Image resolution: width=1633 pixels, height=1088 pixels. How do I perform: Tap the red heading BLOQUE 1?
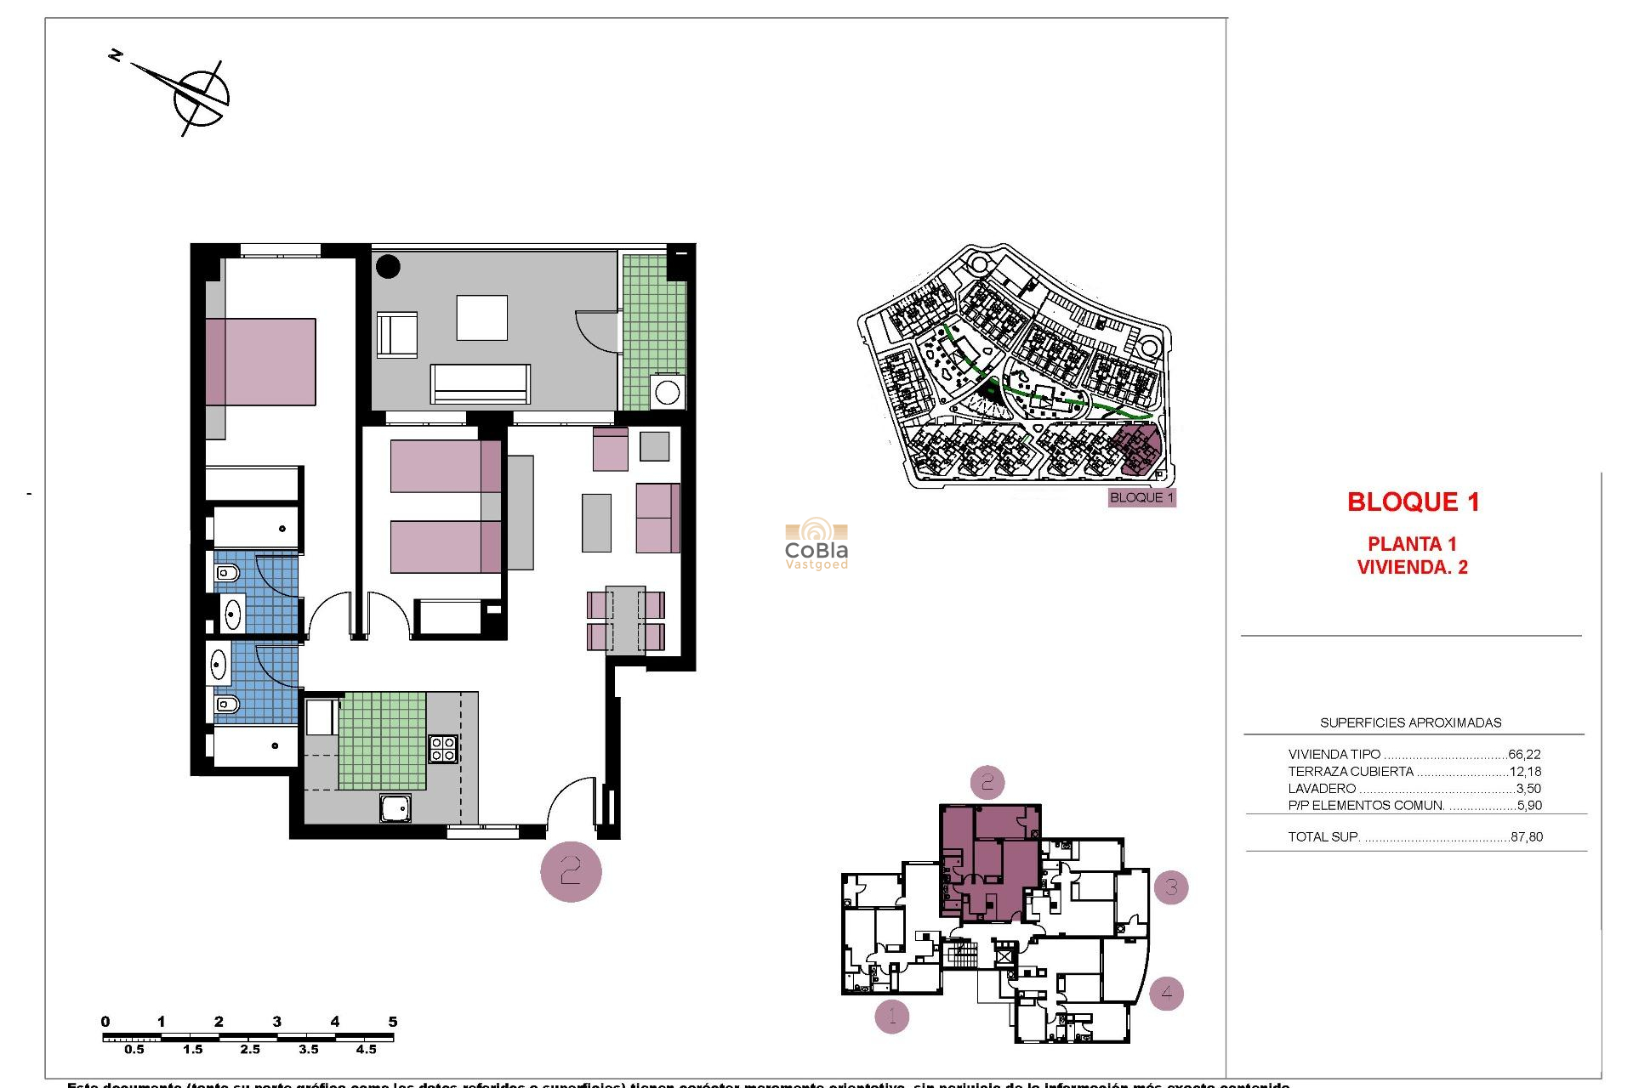[1413, 502]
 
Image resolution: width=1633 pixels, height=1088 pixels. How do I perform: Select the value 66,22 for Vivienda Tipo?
[1524, 754]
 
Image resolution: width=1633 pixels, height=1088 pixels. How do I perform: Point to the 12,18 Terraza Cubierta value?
[1525, 772]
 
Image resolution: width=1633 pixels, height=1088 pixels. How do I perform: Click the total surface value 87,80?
[1527, 836]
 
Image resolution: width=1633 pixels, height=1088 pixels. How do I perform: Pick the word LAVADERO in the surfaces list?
[1322, 789]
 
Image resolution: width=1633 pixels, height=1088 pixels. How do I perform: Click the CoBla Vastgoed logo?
[816, 544]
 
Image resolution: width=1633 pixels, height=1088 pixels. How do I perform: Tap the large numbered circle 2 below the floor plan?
[571, 871]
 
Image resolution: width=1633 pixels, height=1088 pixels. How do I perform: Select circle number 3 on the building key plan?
[1171, 887]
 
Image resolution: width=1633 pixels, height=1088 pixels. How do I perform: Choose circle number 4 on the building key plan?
[1166, 992]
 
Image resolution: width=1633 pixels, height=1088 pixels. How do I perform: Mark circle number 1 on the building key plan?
[892, 1016]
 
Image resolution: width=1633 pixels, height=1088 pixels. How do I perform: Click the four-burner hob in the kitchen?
[443, 749]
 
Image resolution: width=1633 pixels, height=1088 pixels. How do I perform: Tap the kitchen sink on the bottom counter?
[395, 807]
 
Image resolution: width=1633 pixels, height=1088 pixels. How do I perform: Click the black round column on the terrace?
[388, 266]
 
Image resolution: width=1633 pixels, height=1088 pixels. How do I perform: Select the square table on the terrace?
[481, 318]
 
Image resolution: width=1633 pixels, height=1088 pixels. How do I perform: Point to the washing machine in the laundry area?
[667, 393]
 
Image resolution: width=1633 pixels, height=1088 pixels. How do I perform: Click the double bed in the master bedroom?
[261, 362]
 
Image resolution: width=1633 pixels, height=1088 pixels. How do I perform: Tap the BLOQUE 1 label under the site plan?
[1141, 497]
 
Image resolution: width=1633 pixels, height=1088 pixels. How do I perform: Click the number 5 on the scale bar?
[392, 1022]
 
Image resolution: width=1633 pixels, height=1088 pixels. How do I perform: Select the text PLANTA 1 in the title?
[1412, 544]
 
